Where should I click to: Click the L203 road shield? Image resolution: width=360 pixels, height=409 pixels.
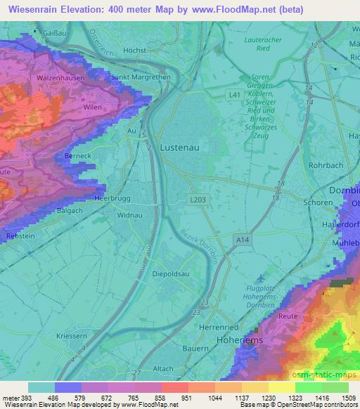click(x=197, y=201)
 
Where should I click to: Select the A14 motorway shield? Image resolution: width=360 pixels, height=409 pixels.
click(x=243, y=240)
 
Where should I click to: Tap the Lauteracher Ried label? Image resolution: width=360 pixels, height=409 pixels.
click(x=262, y=45)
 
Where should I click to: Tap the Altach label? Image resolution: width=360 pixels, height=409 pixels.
click(x=162, y=369)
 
